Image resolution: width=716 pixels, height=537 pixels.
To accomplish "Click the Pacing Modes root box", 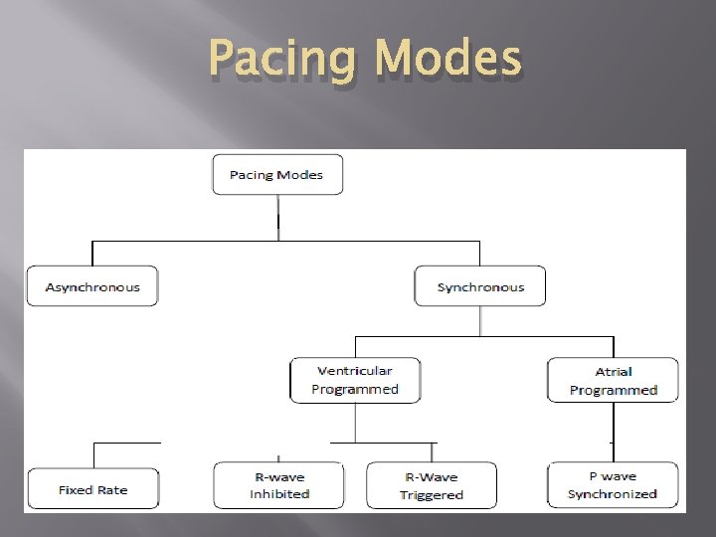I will [x=276, y=175].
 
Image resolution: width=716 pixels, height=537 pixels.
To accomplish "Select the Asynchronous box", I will [x=92, y=287].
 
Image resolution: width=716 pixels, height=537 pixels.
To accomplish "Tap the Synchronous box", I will [x=480, y=287].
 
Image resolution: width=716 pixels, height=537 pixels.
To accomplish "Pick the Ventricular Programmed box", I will [x=355, y=380].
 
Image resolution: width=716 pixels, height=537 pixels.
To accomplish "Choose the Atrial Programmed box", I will [x=613, y=381].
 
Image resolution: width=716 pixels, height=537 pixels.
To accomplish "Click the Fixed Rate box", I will [x=92, y=489].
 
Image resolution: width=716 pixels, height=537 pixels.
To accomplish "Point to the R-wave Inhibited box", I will [x=279, y=485].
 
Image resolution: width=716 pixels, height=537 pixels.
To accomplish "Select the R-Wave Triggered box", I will [x=432, y=485].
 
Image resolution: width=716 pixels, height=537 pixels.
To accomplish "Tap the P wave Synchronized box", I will [x=613, y=485].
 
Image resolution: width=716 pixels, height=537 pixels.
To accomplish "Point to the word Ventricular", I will [x=355, y=371].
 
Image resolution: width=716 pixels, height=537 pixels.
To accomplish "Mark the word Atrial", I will [x=614, y=372].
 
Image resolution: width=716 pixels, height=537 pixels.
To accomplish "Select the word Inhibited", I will [x=279, y=494].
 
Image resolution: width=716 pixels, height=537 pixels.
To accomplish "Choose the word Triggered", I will [x=432, y=494].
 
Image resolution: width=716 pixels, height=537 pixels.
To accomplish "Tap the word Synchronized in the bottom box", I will [x=613, y=494].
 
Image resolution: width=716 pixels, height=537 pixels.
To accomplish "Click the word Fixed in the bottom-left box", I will [x=75, y=489].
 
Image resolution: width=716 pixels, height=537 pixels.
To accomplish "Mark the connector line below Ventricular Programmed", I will [x=355, y=423].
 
